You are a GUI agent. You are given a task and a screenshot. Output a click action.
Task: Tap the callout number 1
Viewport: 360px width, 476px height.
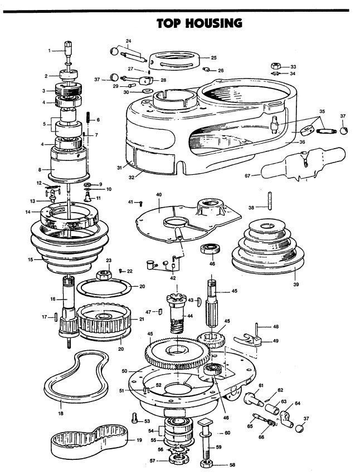click(50, 50)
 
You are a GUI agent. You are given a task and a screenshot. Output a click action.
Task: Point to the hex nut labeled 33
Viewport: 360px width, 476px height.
click(275, 66)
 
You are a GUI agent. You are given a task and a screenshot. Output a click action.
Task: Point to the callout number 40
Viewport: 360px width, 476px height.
click(159, 195)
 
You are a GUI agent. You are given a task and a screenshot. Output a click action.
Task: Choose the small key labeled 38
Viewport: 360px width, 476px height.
click(269, 200)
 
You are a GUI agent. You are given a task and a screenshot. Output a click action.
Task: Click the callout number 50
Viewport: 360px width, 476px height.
click(124, 371)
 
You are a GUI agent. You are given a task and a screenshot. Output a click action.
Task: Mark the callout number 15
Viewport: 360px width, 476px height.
click(31, 259)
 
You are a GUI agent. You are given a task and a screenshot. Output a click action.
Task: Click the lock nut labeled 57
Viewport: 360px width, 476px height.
click(179, 460)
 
